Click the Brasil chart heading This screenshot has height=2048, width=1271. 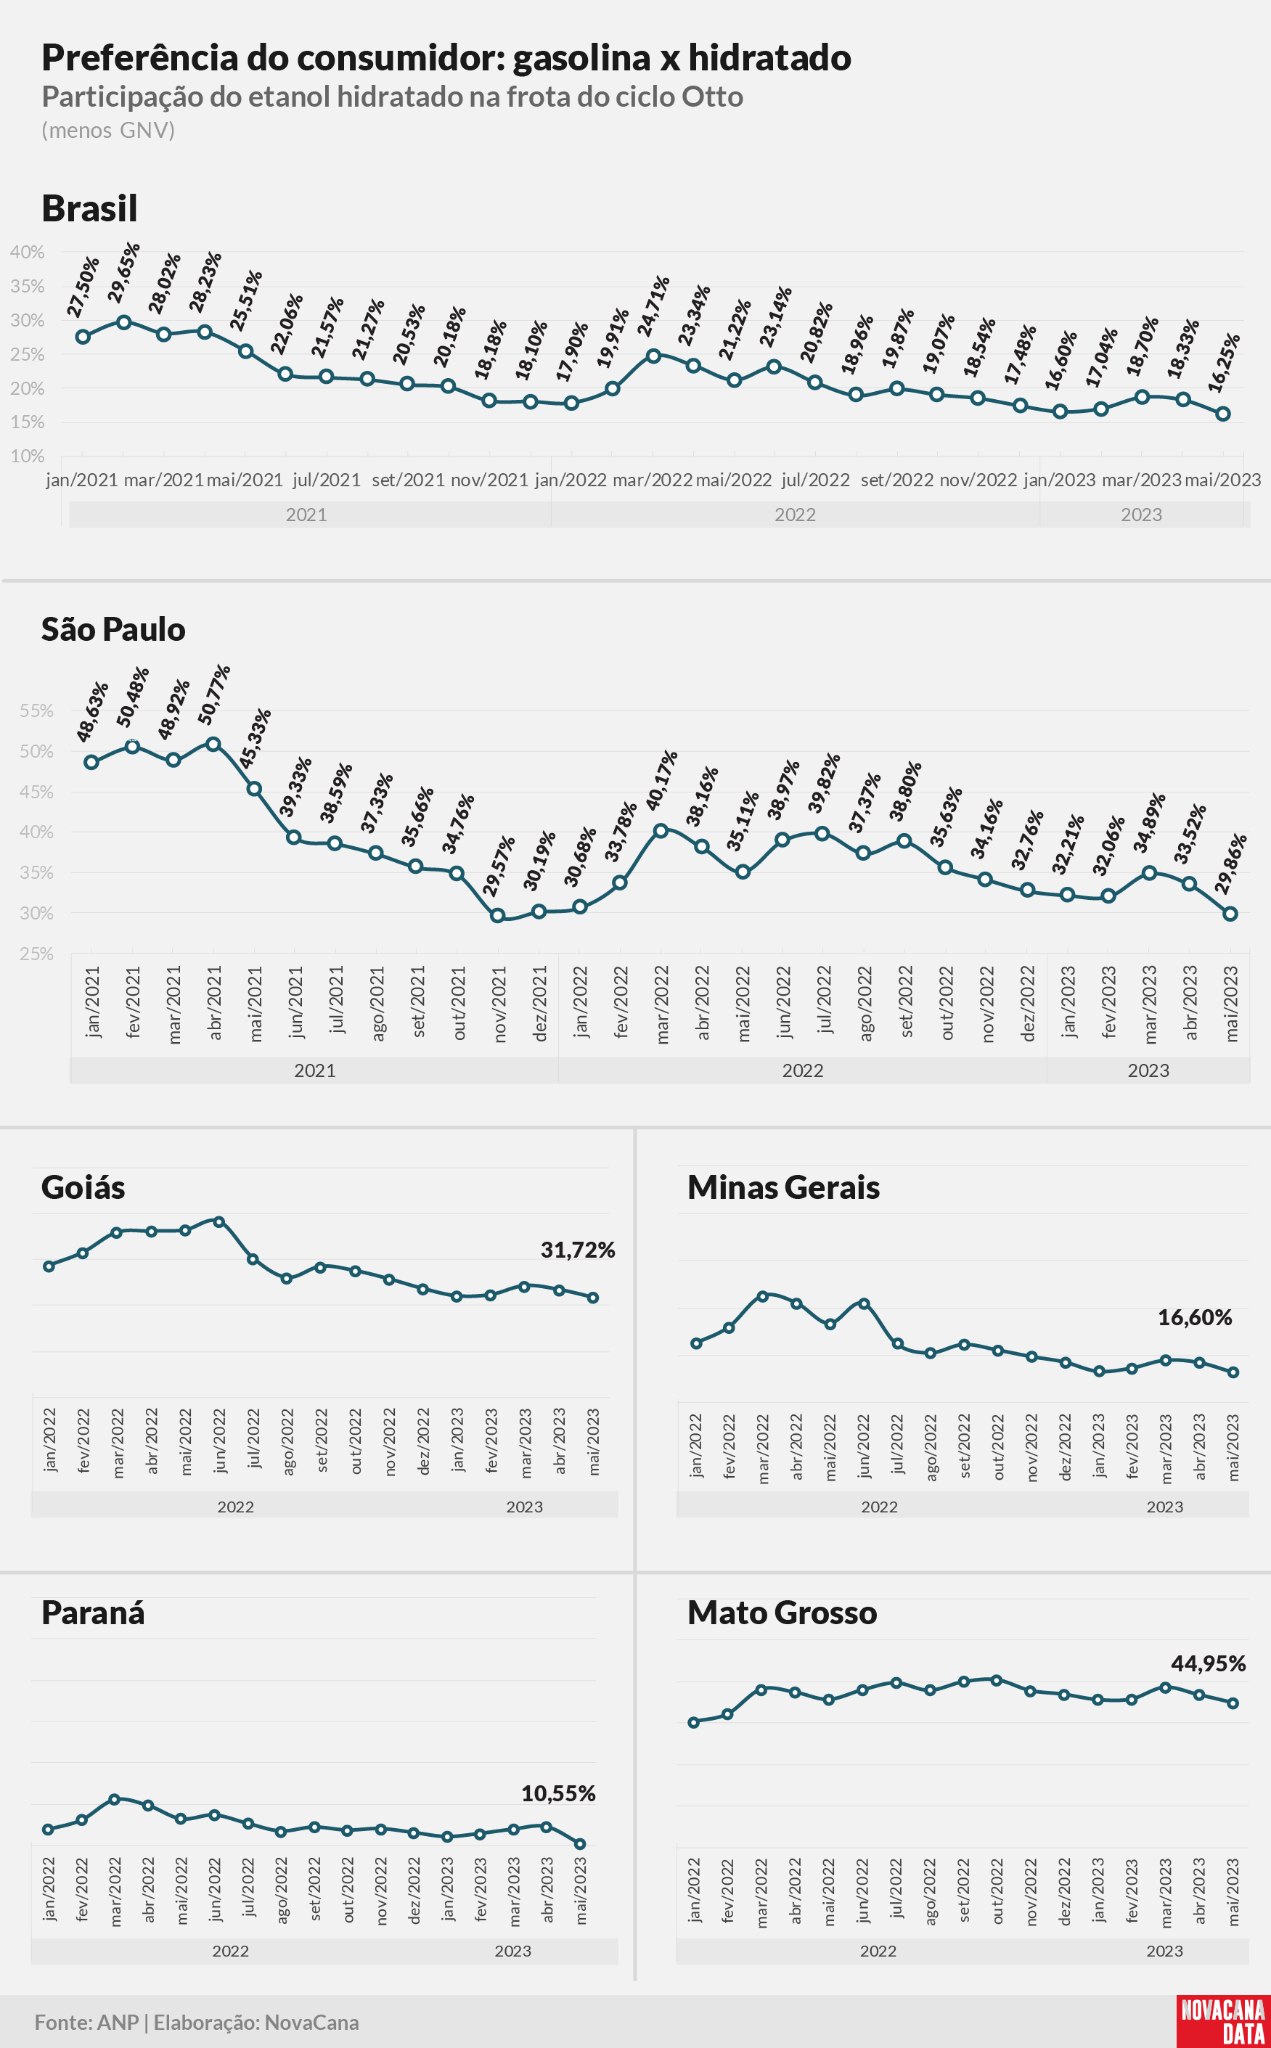point(89,208)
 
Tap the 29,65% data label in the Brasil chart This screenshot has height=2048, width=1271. point(124,272)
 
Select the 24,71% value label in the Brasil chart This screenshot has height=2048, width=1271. point(653,306)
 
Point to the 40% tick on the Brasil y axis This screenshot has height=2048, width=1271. point(27,252)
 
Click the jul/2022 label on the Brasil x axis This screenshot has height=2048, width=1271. point(815,480)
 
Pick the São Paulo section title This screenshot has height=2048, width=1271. point(113,629)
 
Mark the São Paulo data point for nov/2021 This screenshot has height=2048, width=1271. point(498,915)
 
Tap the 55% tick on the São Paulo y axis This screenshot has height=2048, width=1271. point(37,711)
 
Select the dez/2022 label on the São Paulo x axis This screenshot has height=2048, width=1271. point(1027,1004)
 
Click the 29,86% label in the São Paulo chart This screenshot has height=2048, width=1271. point(1230,864)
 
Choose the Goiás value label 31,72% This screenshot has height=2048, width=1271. point(578,1250)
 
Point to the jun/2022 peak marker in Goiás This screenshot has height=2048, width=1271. point(218,1222)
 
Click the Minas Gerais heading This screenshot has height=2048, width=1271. point(783,1187)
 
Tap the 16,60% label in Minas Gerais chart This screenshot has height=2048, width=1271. point(1195,1318)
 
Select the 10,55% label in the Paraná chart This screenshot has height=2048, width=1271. point(558,1794)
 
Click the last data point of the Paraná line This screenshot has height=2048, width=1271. point(580,1844)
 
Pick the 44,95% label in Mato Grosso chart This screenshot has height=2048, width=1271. point(1209,1664)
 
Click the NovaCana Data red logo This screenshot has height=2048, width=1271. point(1223,2021)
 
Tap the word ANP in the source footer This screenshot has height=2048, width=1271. point(118,2022)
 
